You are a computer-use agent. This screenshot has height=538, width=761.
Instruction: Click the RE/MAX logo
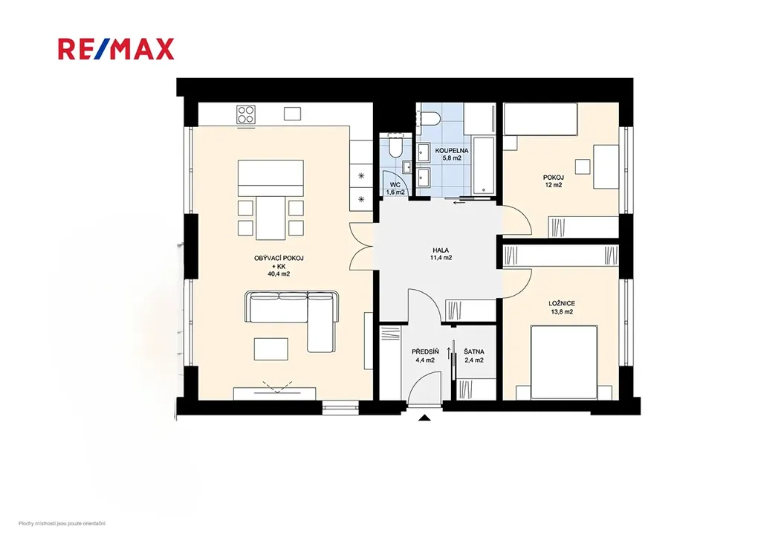[x=116, y=49]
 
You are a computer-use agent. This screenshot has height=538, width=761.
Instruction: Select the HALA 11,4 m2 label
[x=441, y=254]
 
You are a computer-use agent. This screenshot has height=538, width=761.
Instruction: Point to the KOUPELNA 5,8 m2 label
[x=451, y=155]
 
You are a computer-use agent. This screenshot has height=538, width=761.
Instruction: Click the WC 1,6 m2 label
[x=395, y=188]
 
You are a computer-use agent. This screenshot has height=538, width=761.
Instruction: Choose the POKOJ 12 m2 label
[x=553, y=181]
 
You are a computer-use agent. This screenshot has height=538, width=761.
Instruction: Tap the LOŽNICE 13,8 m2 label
[x=561, y=308]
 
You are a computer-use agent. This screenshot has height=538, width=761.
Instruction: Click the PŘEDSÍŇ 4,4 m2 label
[x=425, y=356]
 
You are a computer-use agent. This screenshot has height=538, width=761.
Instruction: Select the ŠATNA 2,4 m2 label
[x=473, y=356]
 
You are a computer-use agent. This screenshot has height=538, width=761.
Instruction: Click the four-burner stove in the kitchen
[x=245, y=114]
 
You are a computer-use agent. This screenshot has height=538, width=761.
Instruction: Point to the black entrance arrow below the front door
[x=424, y=418]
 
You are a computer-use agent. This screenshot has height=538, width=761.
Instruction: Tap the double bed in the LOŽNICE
[x=563, y=363]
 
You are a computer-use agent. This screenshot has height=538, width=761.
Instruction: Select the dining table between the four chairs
[x=271, y=217]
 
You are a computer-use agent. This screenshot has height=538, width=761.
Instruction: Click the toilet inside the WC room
[x=395, y=148]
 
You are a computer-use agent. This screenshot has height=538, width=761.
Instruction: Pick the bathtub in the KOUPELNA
[x=483, y=166]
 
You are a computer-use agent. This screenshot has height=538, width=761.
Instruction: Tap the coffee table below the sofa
[x=271, y=349]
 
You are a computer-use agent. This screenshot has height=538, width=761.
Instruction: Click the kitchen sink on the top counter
[x=292, y=114]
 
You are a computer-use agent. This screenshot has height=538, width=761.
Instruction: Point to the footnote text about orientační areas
[x=62, y=523]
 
